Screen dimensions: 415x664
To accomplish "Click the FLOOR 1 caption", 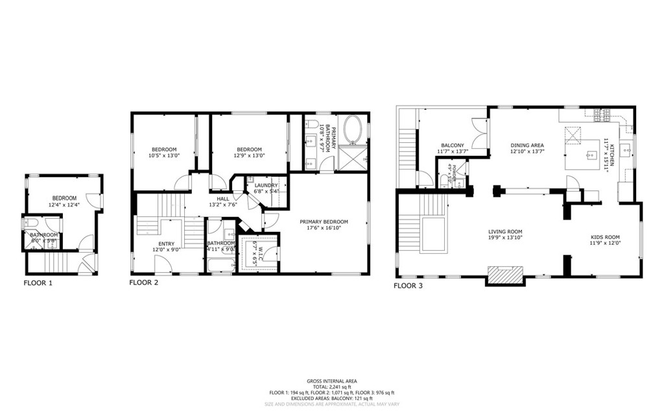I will [x=38, y=283].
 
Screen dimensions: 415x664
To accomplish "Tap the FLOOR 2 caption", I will [x=143, y=283].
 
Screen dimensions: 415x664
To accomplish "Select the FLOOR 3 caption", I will [x=409, y=285].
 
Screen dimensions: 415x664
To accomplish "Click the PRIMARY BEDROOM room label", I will [x=324, y=221].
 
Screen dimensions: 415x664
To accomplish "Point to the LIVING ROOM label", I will [x=505, y=232].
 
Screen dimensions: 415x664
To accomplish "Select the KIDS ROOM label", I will [x=605, y=237].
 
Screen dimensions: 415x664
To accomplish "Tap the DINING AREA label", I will [x=527, y=145].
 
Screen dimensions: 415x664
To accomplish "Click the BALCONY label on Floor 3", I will [x=451, y=145].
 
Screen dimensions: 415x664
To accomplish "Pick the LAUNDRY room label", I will [x=266, y=186].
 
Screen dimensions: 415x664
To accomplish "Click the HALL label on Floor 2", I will [x=222, y=199].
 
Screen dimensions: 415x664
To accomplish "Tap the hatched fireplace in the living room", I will [x=504, y=275].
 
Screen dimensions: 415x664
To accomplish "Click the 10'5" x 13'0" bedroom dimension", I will [x=164, y=156].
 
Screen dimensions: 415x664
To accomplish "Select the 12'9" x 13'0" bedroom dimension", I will [x=249, y=156].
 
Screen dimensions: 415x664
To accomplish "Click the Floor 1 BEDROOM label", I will [x=64, y=198].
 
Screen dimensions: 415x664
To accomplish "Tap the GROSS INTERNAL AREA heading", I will [x=331, y=381].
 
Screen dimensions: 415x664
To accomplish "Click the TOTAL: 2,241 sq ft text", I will [x=331, y=387].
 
